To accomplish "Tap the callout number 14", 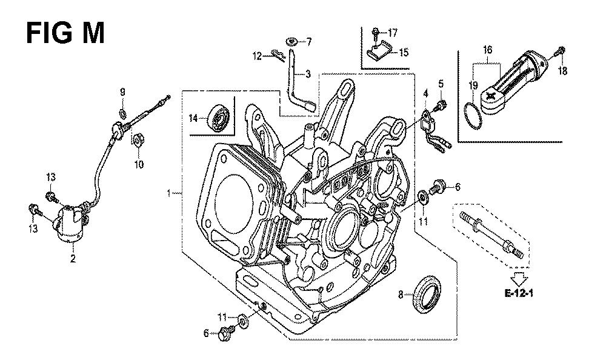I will [x=193, y=118].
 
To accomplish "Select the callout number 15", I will [x=403, y=53].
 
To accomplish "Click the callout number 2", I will [x=73, y=259].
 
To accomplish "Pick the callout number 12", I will [x=257, y=56].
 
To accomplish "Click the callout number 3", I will [x=308, y=75].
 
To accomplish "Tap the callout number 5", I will [x=441, y=83].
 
